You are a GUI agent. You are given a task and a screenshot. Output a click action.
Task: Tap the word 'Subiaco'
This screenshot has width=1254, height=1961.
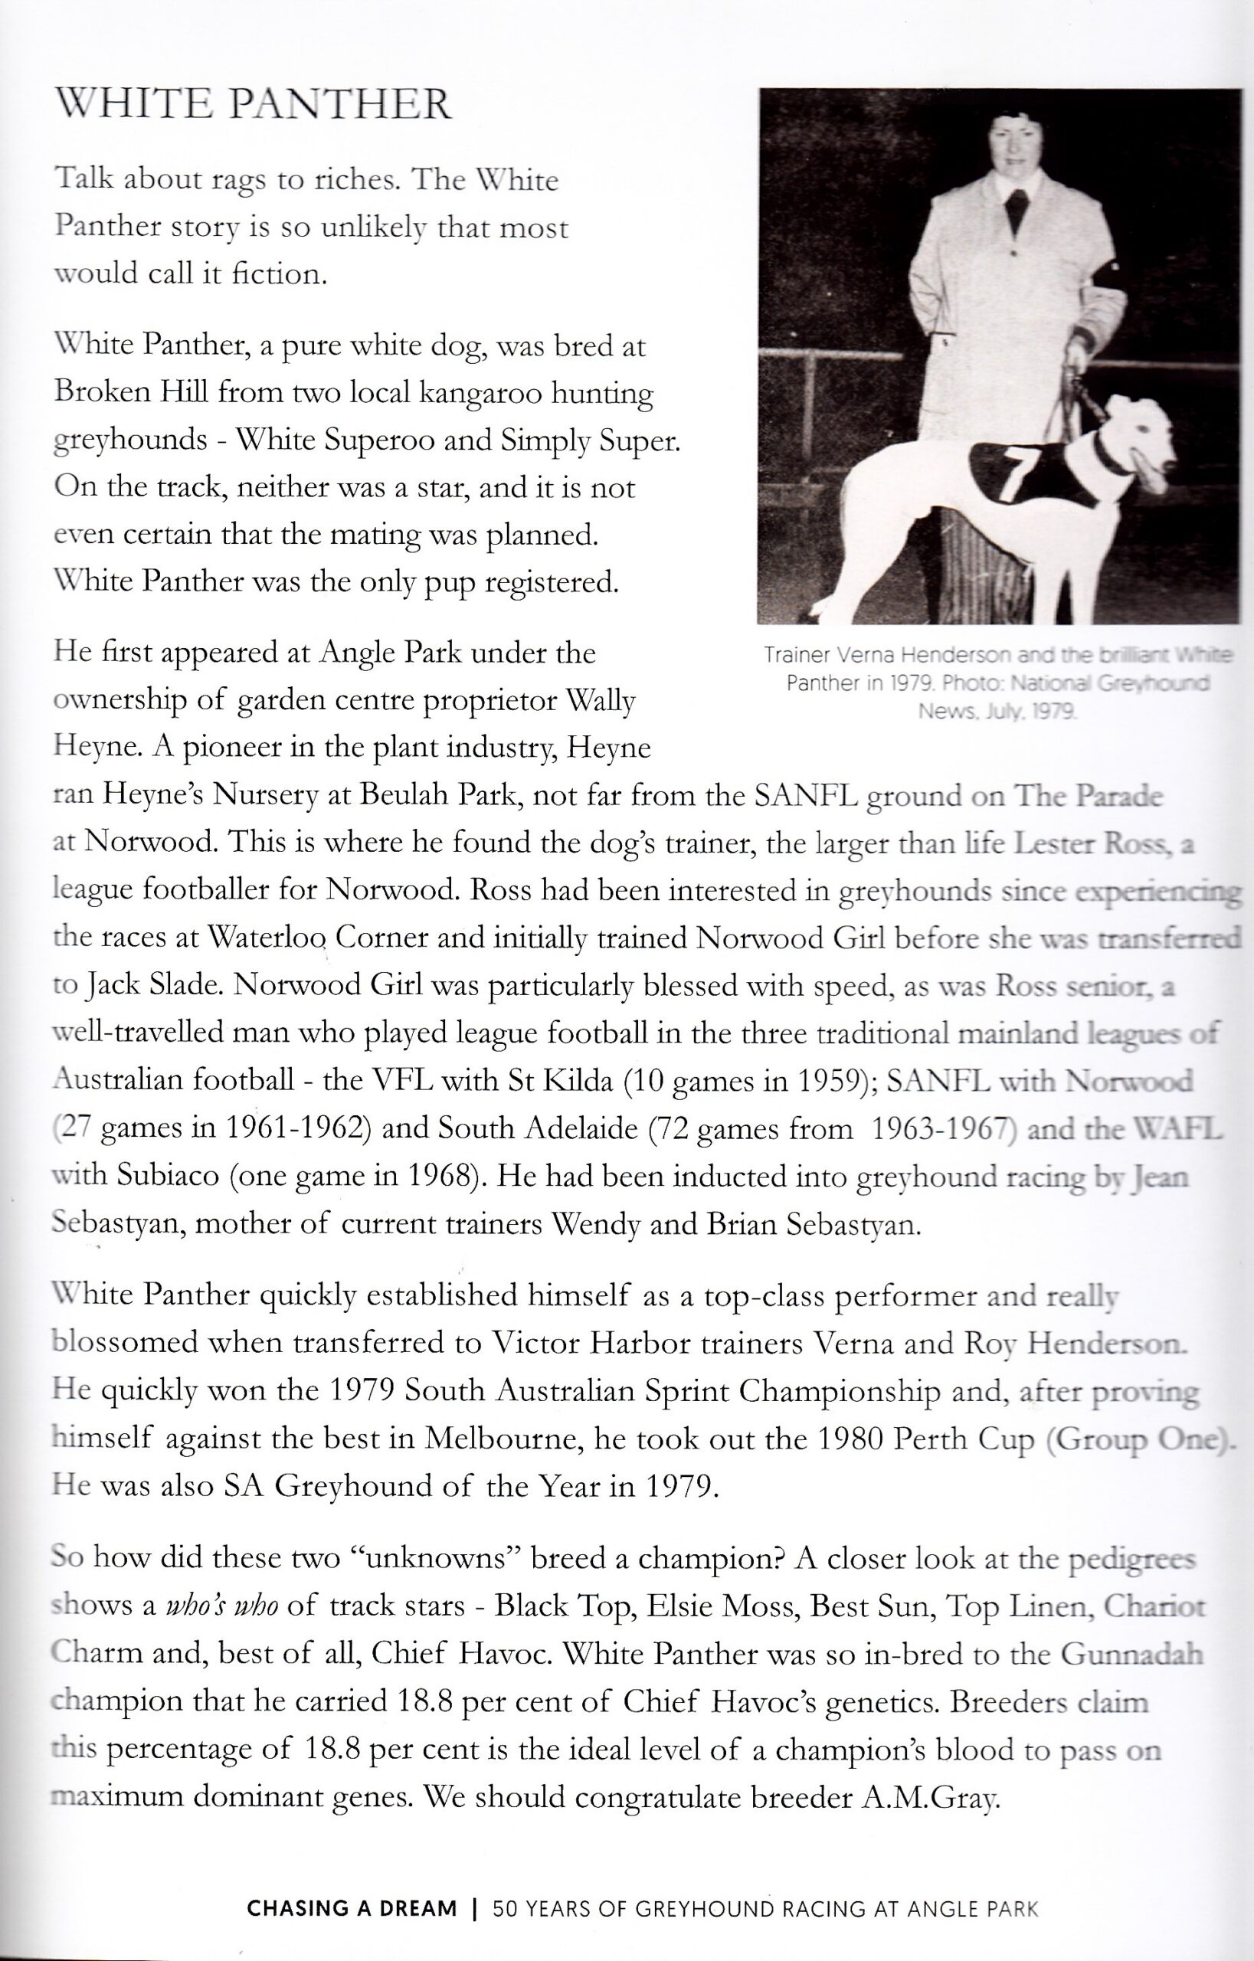tap(167, 1176)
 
